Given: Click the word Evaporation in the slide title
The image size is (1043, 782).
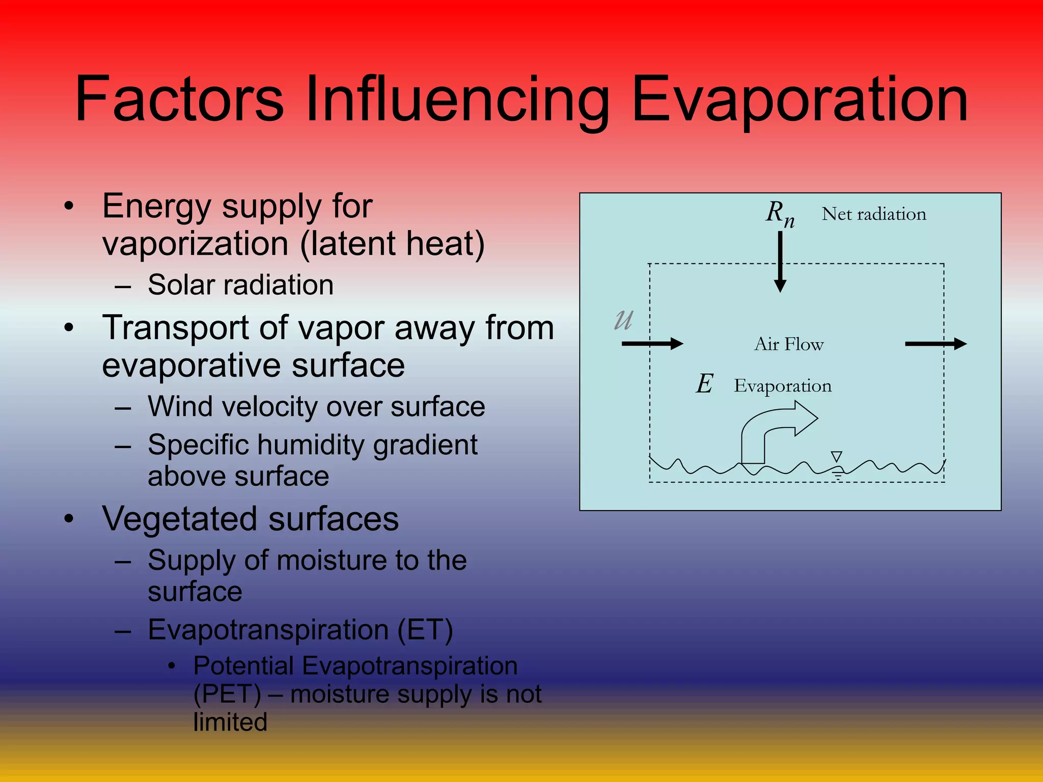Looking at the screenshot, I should pyautogui.click(x=800, y=99).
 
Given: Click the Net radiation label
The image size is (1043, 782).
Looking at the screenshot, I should pyautogui.click(x=874, y=214).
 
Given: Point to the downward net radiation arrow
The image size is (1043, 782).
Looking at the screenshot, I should pyautogui.click(x=780, y=262).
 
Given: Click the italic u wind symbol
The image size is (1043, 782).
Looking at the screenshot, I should pyautogui.click(x=624, y=320).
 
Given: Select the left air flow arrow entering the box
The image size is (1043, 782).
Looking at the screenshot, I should pyautogui.click(x=652, y=344).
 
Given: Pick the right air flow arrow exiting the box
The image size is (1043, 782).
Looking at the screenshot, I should pyautogui.click(x=936, y=344).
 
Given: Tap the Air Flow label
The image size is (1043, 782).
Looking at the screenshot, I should pyautogui.click(x=789, y=344).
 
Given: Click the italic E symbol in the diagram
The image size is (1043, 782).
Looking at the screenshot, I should pyautogui.click(x=705, y=384).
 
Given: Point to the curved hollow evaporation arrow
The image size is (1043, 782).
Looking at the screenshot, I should pyautogui.click(x=774, y=428).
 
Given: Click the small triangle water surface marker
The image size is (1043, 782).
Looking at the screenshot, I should pyautogui.click(x=836, y=456).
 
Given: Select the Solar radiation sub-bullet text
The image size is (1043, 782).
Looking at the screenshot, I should pyautogui.click(x=240, y=285).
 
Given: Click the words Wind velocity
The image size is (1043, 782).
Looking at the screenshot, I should pyautogui.click(x=232, y=407).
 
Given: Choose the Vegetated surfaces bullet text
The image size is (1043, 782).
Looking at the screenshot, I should pyautogui.click(x=251, y=519).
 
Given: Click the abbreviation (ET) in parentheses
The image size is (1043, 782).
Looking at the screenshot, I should pyautogui.click(x=425, y=630).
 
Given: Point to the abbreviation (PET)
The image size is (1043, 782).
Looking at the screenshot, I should pyautogui.click(x=227, y=694).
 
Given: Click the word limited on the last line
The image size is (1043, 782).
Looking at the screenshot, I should pyautogui.click(x=230, y=722).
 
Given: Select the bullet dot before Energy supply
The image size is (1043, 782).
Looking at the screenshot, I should pyautogui.click(x=69, y=207).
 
